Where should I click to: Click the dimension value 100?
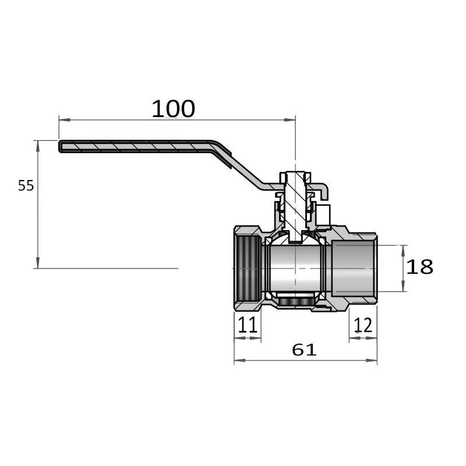click(x=174, y=109)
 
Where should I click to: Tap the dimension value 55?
click(x=26, y=186)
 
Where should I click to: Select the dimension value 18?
click(x=419, y=267)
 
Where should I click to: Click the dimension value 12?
click(x=363, y=325)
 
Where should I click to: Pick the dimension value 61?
click(x=304, y=349)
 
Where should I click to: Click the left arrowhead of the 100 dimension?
click(x=65, y=120)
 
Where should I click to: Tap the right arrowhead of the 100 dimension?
click(x=290, y=120)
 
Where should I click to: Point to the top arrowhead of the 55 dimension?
click(x=38, y=146)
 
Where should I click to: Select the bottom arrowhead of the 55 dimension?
click(x=38, y=263)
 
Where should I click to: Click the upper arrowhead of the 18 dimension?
click(x=403, y=251)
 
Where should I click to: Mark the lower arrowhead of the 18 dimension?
click(x=403, y=286)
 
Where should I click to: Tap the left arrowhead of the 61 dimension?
click(x=240, y=361)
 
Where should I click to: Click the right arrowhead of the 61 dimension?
click(x=372, y=361)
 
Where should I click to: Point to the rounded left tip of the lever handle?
click(x=60, y=146)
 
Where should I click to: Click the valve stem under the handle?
click(x=295, y=205)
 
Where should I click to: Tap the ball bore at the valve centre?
click(x=295, y=269)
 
